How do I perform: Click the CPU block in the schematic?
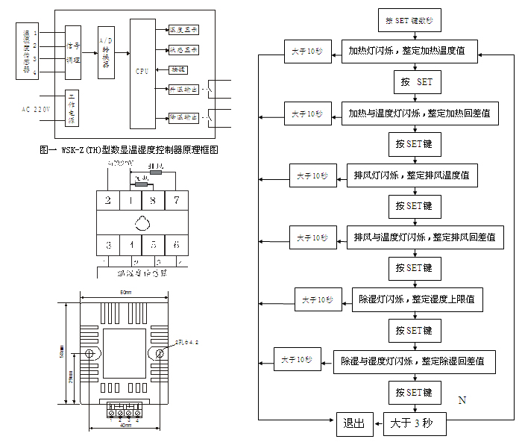(x=142, y=72)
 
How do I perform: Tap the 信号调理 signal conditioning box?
(x=72, y=51)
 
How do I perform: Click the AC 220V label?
(x=36, y=110)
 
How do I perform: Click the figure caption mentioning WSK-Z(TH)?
(x=129, y=149)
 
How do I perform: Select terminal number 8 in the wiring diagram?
(x=153, y=201)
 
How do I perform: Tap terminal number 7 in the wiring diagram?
(x=177, y=201)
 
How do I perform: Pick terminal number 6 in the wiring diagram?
(x=177, y=244)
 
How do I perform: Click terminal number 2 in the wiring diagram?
(x=108, y=201)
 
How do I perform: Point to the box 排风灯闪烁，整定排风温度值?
(x=412, y=175)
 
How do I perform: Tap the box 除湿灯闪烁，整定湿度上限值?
(x=416, y=299)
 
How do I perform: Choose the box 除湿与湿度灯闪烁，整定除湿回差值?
(x=413, y=361)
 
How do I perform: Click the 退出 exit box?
(x=353, y=424)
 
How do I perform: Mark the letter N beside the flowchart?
(x=462, y=401)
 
